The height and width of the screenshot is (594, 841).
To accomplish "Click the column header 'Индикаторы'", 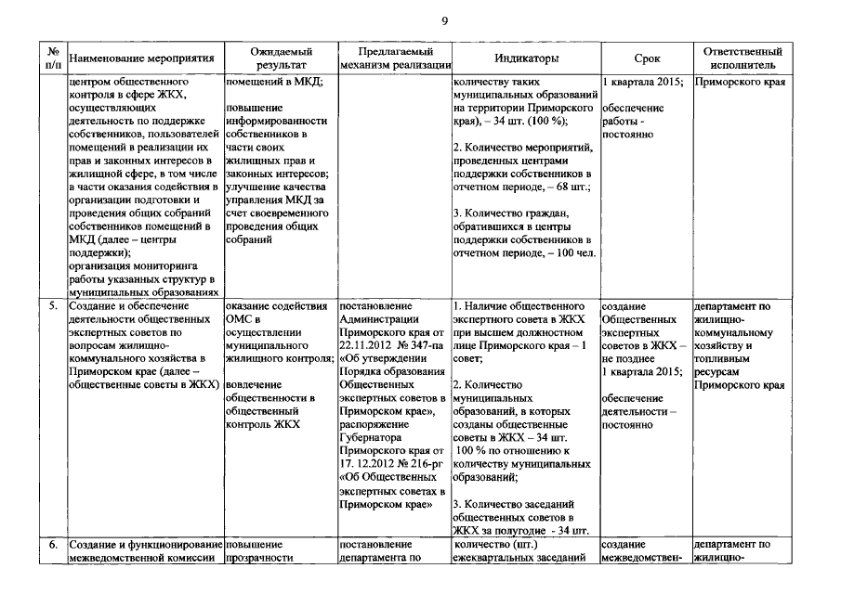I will click(526, 58).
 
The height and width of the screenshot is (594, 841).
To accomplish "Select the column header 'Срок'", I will click(647, 58).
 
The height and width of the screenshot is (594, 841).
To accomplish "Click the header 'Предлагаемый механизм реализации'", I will click(396, 58).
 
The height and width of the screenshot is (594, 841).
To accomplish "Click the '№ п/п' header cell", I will click(54, 58).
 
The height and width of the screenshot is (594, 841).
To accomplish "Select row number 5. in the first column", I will click(54, 305).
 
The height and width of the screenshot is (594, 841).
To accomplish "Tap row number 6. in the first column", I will click(54, 545).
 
